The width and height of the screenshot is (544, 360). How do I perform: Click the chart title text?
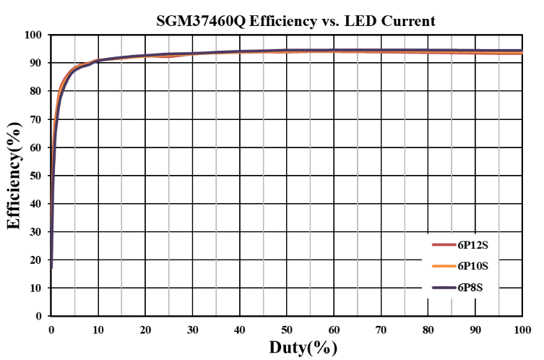coord(295,21)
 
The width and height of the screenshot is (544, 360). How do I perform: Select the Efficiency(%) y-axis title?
coord(14,176)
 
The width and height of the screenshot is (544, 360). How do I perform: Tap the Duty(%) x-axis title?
coord(303,347)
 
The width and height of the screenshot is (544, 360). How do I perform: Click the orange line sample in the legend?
coord(442,266)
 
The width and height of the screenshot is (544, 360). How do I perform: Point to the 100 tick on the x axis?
coord(521,330)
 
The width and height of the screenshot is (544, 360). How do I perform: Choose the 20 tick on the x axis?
coord(145,330)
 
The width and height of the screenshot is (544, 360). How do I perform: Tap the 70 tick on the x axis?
coord(381,330)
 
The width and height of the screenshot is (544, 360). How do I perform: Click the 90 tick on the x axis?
coord(475,330)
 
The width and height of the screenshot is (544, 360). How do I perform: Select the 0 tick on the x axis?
coord(51,330)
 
